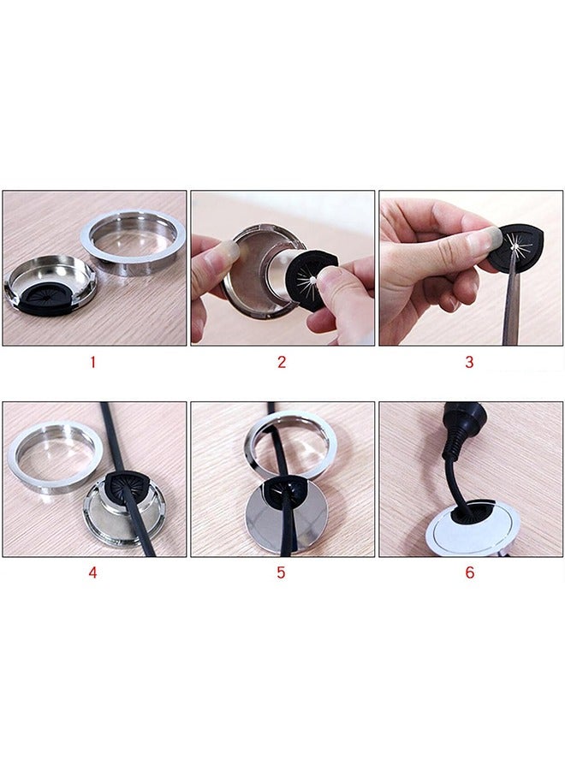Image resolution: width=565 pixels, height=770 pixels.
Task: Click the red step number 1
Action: point(92,362)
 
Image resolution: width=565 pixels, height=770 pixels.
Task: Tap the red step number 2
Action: point(281,362)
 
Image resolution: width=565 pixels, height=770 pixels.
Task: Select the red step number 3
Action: point(469,362)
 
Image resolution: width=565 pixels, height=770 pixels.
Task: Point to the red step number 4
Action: point(92,573)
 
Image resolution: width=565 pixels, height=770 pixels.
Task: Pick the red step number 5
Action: point(281,573)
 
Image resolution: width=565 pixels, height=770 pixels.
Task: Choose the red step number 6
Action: point(469,573)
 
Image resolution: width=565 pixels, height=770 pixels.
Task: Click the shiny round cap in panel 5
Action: point(287,518)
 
